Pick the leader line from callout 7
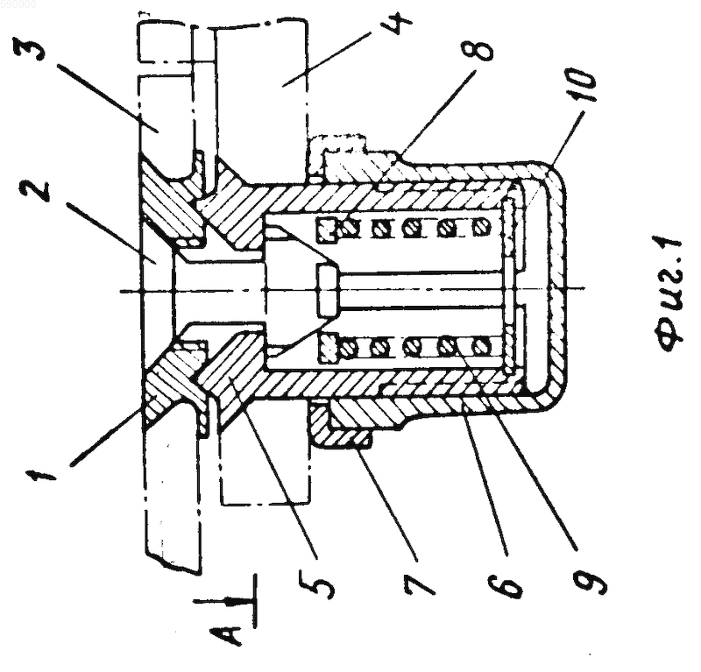click(386, 504)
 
